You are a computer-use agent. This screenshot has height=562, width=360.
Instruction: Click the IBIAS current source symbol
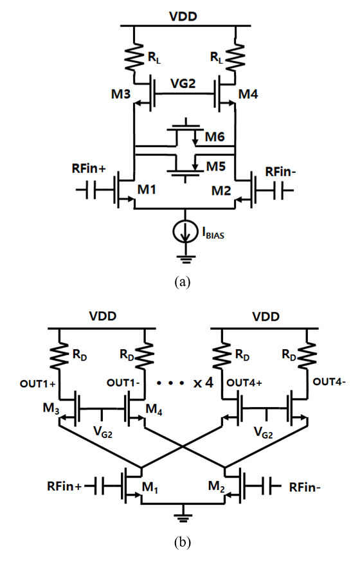point(185,232)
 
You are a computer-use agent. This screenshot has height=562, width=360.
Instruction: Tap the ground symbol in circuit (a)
point(185,259)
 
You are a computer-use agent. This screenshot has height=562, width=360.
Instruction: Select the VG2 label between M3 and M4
point(183,84)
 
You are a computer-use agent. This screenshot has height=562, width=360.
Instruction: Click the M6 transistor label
point(215,136)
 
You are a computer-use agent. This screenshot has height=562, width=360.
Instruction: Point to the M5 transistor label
point(215,167)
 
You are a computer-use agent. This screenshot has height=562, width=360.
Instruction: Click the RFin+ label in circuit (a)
point(89,168)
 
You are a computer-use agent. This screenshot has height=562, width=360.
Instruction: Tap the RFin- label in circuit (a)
point(280,172)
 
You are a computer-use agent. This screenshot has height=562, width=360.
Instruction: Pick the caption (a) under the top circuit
point(183,282)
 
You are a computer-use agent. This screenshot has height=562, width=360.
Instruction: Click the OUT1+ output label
point(38,384)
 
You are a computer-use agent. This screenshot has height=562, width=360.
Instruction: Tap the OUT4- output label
point(329,382)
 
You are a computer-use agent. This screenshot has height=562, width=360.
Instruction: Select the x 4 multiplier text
point(203,383)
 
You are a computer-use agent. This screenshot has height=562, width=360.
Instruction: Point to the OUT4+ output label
point(244,383)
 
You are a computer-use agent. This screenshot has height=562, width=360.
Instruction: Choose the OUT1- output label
point(123,383)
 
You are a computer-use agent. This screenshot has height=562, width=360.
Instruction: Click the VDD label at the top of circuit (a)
point(183,17)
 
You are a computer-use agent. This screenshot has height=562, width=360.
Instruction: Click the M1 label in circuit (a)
point(147,189)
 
